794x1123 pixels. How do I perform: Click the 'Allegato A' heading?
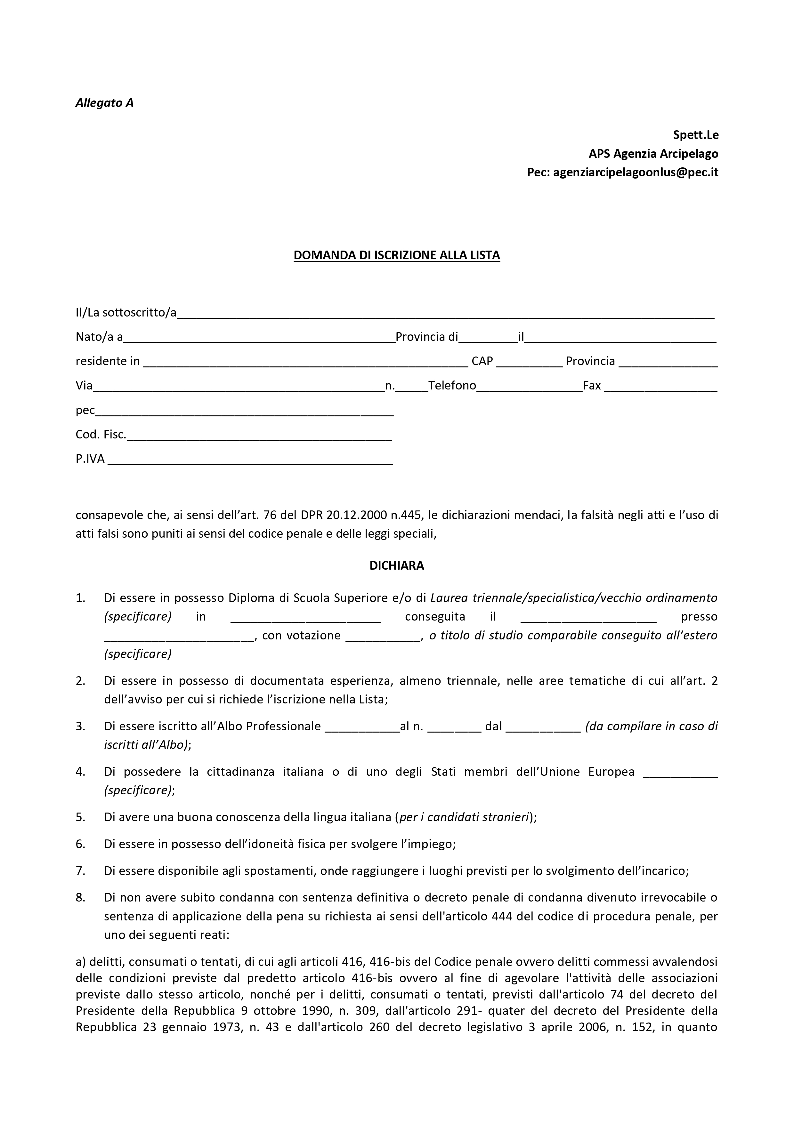[104, 103]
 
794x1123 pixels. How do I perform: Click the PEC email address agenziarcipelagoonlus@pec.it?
[636, 172]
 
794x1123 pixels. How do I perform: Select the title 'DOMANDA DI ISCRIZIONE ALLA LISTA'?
[397, 255]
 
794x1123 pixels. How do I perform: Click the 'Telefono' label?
[452, 386]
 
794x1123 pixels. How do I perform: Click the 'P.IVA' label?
[90, 459]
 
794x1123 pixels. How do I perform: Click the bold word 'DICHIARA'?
[397, 566]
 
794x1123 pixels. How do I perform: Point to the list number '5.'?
[81, 817]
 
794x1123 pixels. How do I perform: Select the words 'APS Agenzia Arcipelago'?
[653, 154]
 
